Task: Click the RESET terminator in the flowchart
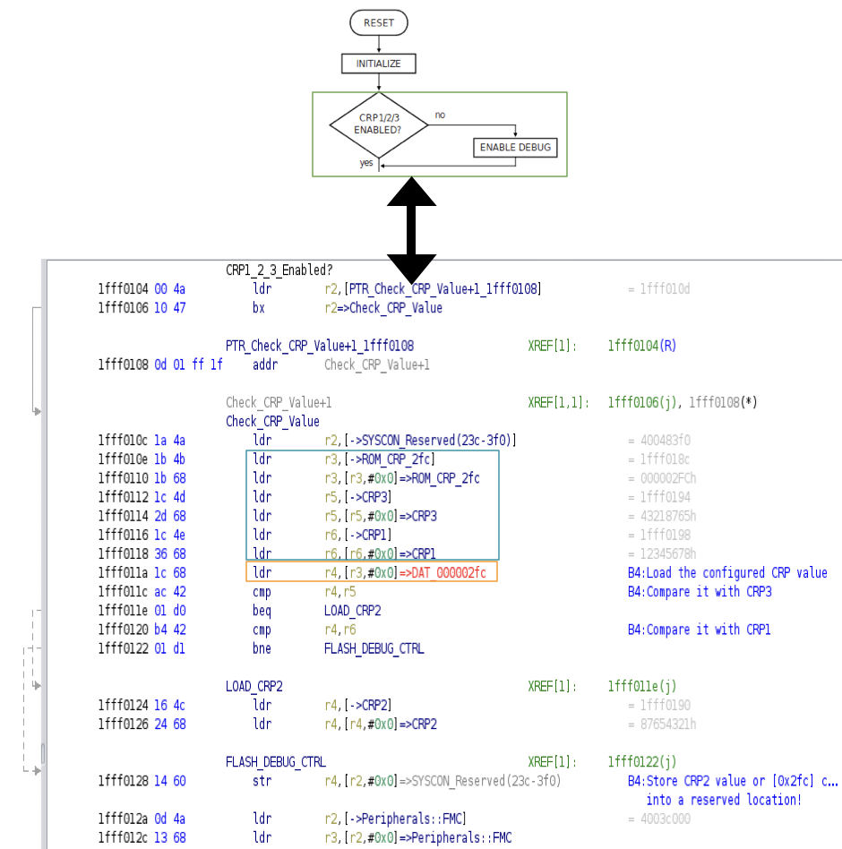pyautogui.click(x=379, y=22)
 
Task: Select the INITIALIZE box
pyautogui.click(x=379, y=64)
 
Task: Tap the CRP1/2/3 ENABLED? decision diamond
pyautogui.click(x=379, y=124)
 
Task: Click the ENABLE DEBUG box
pyautogui.click(x=515, y=147)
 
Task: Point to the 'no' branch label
pyautogui.click(x=440, y=115)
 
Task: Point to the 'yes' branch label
pyautogui.click(x=366, y=162)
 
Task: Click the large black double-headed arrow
pyautogui.click(x=411, y=230)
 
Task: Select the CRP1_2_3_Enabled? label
pyautogui.click(x=279, y=270)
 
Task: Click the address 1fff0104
pyautogui.click(x=123, y=288)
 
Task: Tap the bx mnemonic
pyautogui.click(x=258, y=307)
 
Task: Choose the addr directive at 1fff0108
pyautogui.click(x=265, y=364)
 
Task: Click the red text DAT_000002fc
pyautogui.click(x=449, y=572)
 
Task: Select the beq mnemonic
pyautogui.click(x=262, y=610)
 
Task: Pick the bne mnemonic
pyautogui.click(x=262, y=648)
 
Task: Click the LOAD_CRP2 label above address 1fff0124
pyautogui.click(x=254, y=686)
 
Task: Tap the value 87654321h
pyautogui.click(x=668, y=724)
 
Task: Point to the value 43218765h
pyautogui.click(x=668, y=516)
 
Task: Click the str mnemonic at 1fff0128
pyautogui.click(x=262, y=781)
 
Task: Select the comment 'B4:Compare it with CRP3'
pyautogui.click(x=700, y=591)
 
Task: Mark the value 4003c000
pyautogui.click(x=666, y=819)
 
